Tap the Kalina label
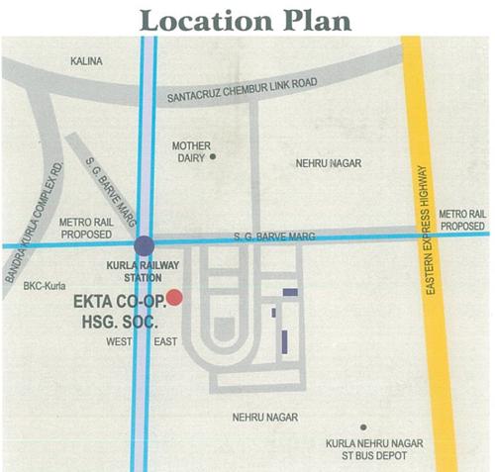87,61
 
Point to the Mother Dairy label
191,150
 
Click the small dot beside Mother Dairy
212,156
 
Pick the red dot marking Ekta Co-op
174,296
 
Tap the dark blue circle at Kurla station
144,244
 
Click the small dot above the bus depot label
364,426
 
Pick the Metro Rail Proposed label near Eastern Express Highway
462,220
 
